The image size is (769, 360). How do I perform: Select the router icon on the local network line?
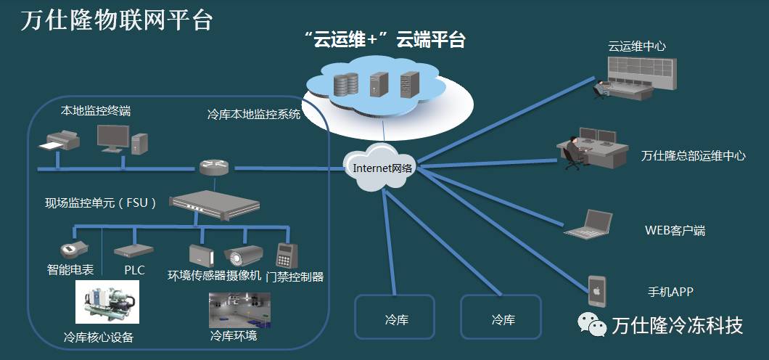(x=214, y=168)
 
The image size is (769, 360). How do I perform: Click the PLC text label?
(x=134, y=270)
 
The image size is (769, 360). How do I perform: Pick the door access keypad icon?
(x=285, y=255)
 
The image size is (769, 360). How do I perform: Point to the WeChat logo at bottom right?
(x=591, y=325)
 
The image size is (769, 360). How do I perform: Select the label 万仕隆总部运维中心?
(x=693, y=156)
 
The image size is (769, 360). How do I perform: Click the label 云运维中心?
(x=636, y=46)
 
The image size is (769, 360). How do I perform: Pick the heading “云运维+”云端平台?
(x=384, y=40)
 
